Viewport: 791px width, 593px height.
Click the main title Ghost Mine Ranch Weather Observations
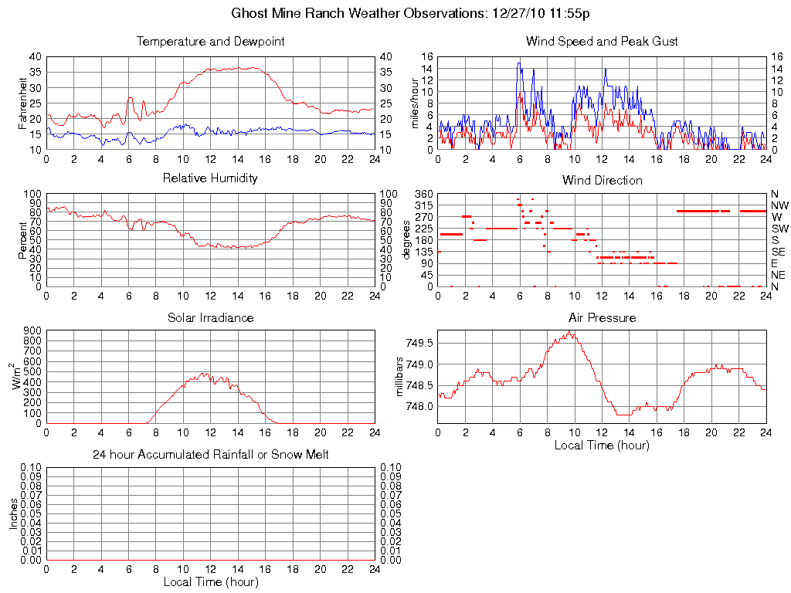pos(395,13)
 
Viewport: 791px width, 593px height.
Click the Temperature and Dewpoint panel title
pos(210,42)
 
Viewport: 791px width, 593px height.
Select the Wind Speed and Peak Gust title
pos(602,42)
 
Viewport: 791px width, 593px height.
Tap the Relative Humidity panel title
pos(210,179)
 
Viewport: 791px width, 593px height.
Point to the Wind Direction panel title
pos(602,181)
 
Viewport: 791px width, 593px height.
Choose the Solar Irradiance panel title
pos(210,318)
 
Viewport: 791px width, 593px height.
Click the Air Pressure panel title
pos(602,318)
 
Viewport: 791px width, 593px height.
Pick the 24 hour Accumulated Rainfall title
pos(210,456)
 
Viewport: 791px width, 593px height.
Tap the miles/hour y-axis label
pos(415,103)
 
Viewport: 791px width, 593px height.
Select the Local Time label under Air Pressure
pos(602,446)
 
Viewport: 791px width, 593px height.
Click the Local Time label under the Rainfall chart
pos(210,582)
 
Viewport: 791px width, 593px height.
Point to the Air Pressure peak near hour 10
pos(570,332)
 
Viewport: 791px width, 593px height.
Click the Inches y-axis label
pos(14,513)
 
